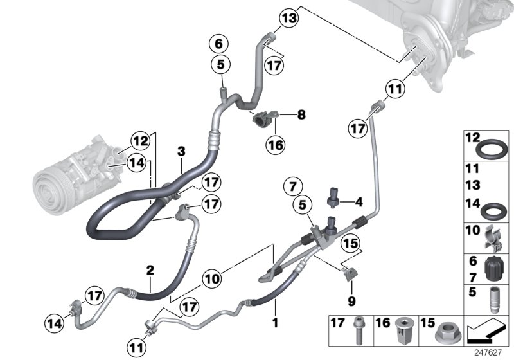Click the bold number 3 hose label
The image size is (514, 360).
[182, 152]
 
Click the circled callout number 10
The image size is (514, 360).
[213, 279]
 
